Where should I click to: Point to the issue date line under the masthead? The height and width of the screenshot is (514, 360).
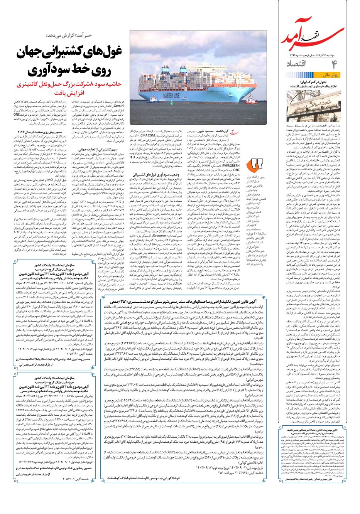(313, 55)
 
